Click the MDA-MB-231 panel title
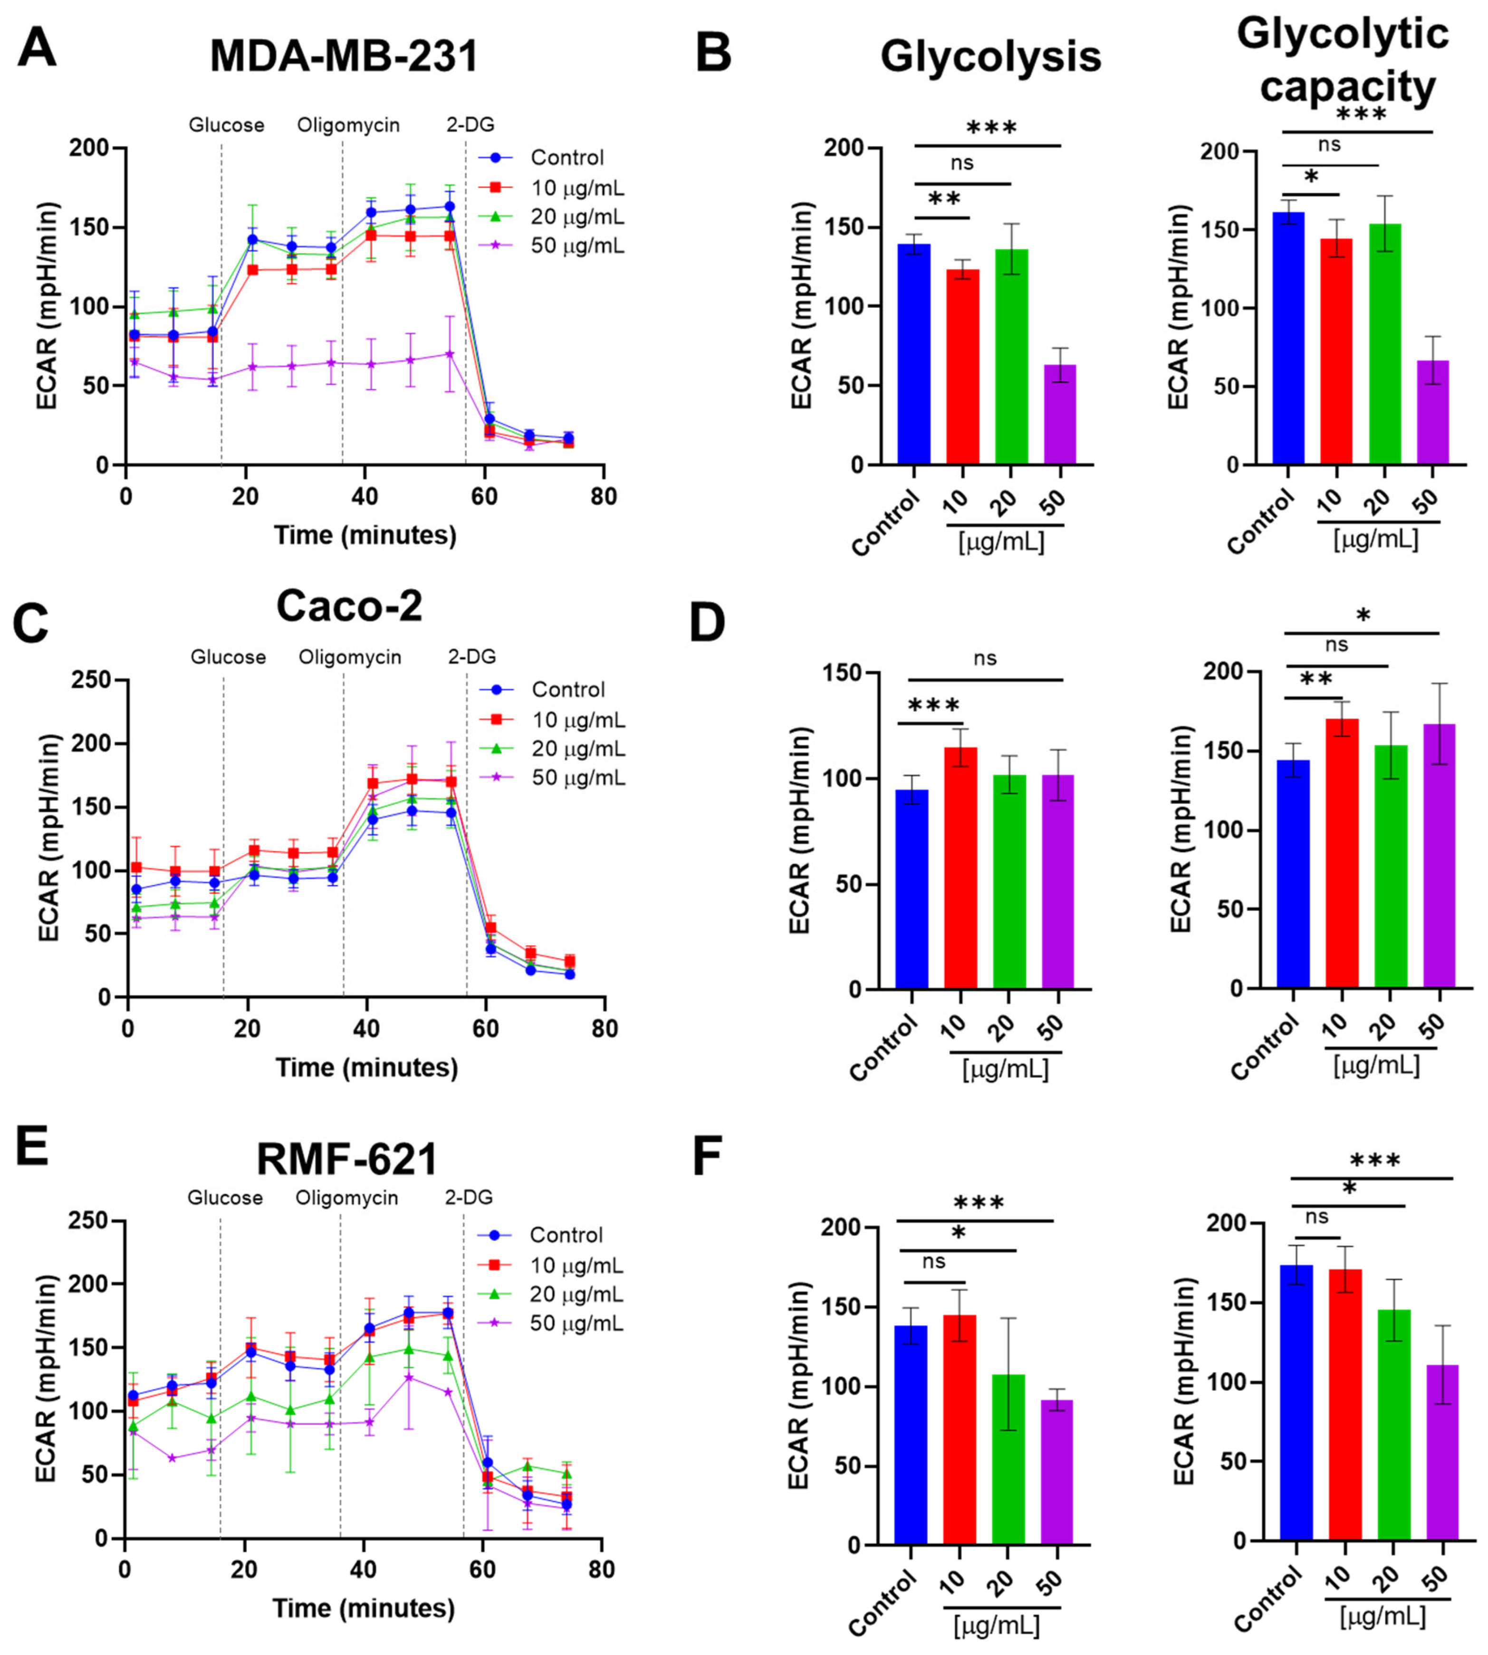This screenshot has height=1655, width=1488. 344,57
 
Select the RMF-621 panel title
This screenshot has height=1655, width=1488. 346,1159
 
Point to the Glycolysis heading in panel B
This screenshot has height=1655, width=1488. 990,57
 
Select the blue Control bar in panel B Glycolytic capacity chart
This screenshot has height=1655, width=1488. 1288,338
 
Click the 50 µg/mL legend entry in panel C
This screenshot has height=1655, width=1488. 578,777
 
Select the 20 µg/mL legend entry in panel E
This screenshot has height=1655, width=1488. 576,1294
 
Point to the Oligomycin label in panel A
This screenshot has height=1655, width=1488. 348,125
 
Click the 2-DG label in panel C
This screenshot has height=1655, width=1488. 472,657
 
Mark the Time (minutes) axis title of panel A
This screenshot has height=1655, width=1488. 365,535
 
